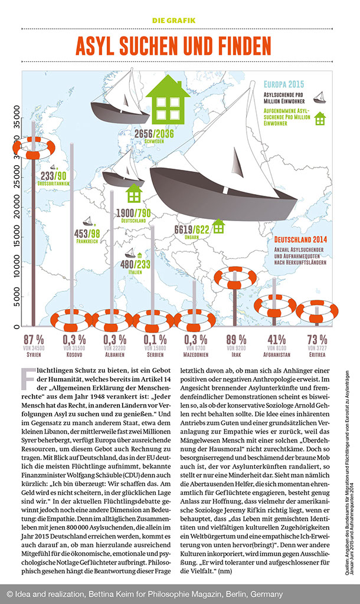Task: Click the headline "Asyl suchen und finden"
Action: tap(174, 46)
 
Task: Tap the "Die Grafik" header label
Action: tap(174, 20)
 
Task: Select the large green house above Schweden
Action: tap(168, 100)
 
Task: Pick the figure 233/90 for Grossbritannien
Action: tap(53, 175)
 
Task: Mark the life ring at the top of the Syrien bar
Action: tap(33, 148)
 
